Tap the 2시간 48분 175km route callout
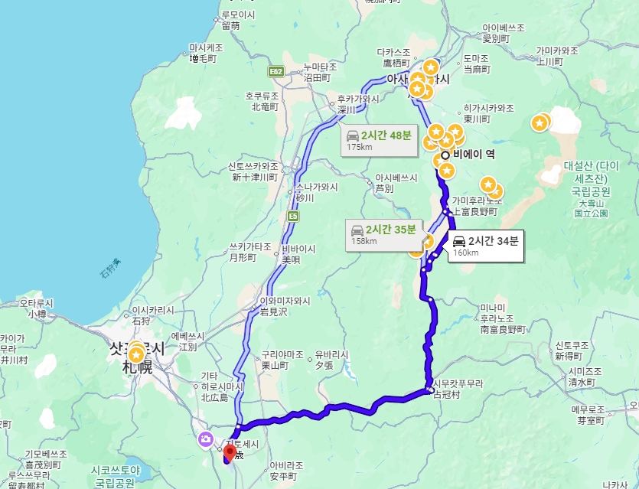[379, 140]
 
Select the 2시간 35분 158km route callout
[383, 234]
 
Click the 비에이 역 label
[474, 154]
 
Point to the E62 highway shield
[277, 71]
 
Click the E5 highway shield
[293, 217]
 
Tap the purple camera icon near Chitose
[205, 438]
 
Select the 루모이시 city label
[238, 15]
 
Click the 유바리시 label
[331, 355]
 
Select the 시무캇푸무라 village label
[457, 383]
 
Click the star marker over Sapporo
[136, 354]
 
